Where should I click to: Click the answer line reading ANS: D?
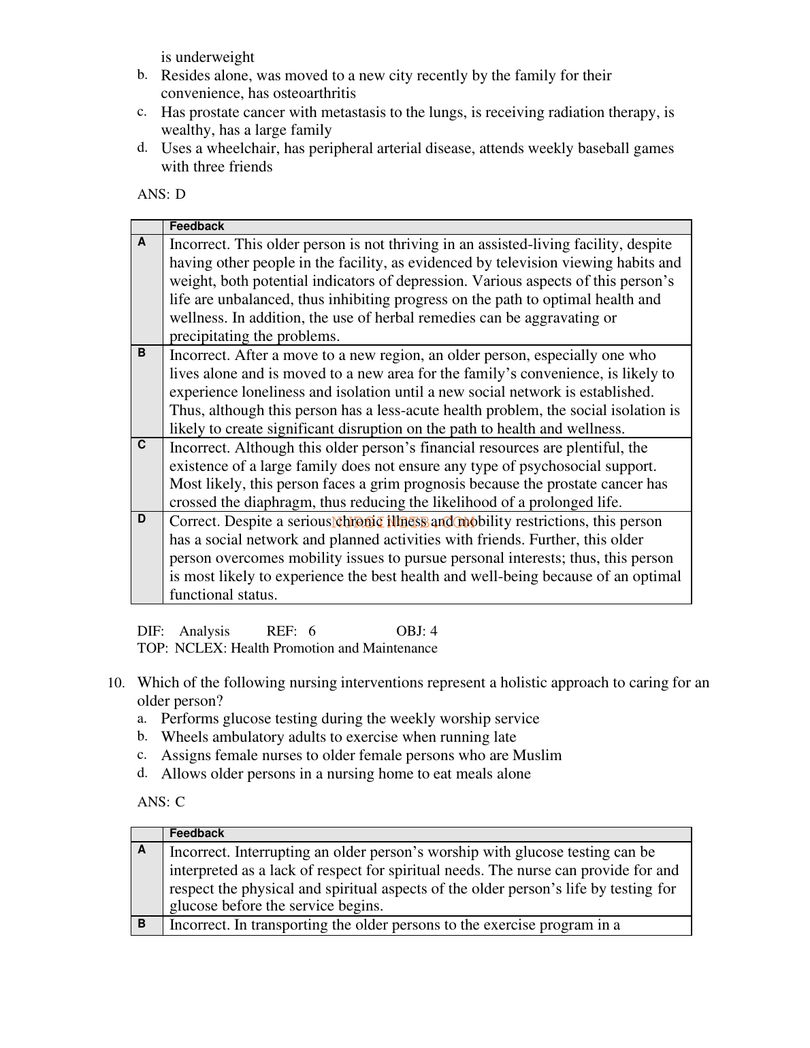[x=161, y=195]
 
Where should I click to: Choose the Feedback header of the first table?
[x=197, y=227]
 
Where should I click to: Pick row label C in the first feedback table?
[x=142, y=445]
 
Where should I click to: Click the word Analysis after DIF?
[x=204, y=631]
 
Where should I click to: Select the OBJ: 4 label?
[x=417, y=631]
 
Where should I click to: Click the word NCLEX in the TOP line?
[x=199, y=649]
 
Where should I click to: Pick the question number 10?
[x=116, y=683]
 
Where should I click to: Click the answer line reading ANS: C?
[x=161, y=802]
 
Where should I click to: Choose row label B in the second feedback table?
[x=142, y=923]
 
